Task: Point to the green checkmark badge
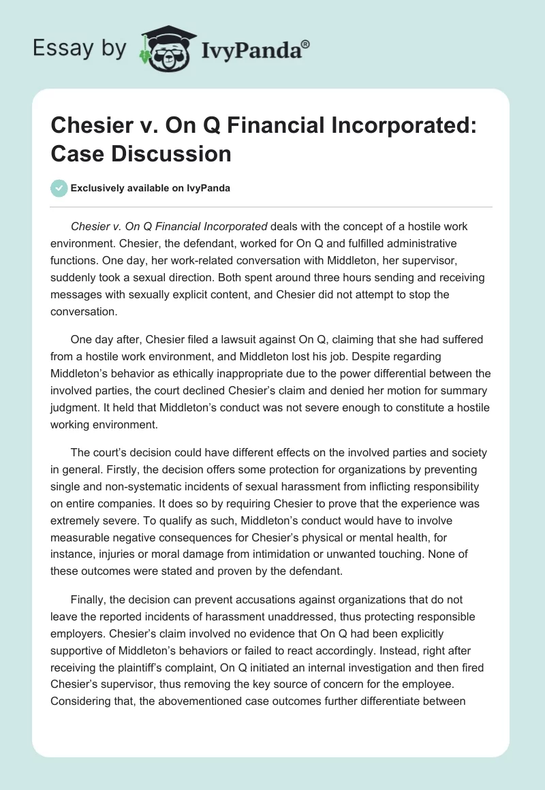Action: click(x=59, y=188)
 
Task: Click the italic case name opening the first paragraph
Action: click(x=169, y=226)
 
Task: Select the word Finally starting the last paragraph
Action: click(x=89, y=600)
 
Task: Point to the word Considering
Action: click(x=80, y=702)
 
